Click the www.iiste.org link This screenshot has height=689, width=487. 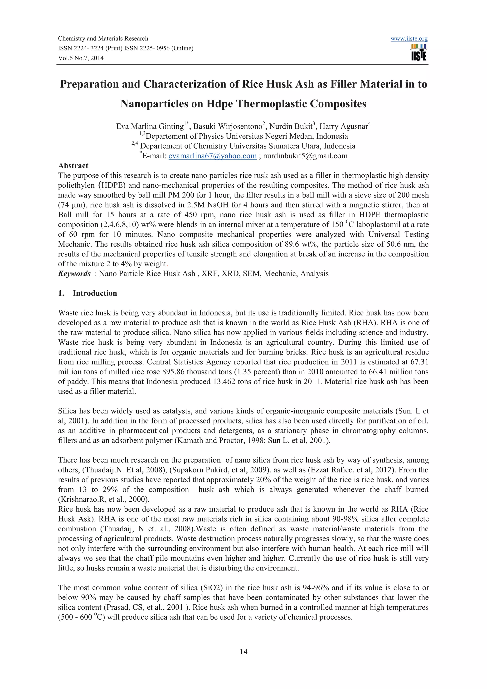(409, 39)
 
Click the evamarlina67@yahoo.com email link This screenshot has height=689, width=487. (212, 156)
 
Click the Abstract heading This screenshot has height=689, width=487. (73, 166)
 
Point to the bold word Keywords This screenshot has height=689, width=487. (74, 274)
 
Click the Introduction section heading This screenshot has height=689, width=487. (95, 293)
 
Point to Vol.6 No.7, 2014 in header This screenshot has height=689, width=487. (81, 58)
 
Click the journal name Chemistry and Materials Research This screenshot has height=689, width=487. (103, 39)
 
